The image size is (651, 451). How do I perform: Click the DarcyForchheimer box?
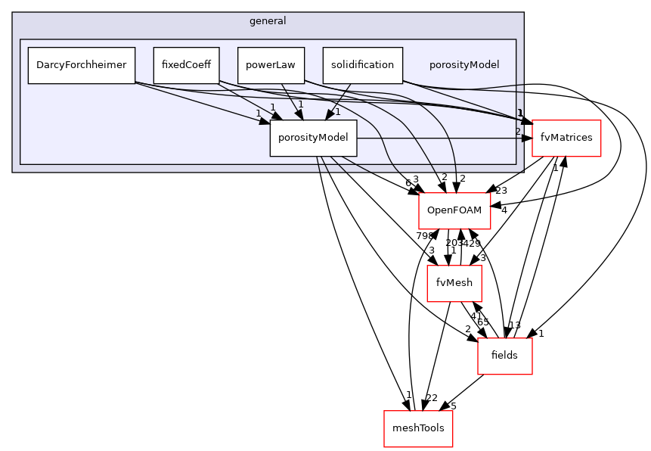click(x=81, y=65)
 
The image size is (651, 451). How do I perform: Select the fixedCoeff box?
click(x=186, y=65)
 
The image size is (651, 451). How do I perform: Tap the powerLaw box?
click(x=271, y=65)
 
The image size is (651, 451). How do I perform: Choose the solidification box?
click(x=362, y=65)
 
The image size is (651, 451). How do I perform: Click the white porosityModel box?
click(x=313, y=138)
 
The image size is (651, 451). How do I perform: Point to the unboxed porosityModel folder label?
click(x=463, y=65)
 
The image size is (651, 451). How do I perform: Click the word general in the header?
click(x=268, y=21)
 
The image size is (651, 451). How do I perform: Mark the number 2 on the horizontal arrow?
click(x=518, y=132)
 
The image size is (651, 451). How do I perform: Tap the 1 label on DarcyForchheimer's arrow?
click(x=258, y=114)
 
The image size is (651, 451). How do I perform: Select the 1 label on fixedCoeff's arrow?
click(x=273, y=107)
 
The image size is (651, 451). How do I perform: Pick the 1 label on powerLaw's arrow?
click(x=300, y=104)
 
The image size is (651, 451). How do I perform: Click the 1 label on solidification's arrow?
click(x=337, y=112)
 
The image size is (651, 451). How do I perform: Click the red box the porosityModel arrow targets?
click(x=566, y=138)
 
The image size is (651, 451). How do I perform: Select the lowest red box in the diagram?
click(x=418, y=429)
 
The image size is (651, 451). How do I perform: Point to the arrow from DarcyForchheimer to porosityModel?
click(x=204, y=101)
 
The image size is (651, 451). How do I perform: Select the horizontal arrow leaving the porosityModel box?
click(x=439, y=138)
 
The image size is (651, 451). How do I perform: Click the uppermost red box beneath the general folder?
click(x=454, y=211)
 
